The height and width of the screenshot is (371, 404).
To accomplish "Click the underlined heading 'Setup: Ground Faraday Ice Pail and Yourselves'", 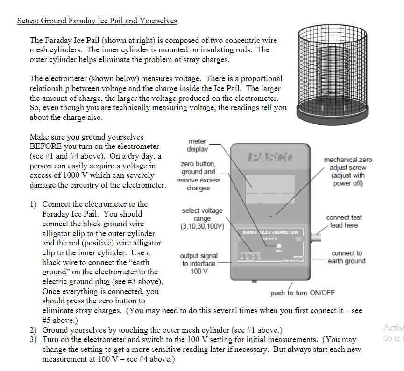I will tap(97, 21).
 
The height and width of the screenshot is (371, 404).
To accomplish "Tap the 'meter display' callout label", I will tap(197, 145).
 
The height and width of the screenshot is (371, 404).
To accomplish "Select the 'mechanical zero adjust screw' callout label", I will tap(348, 171).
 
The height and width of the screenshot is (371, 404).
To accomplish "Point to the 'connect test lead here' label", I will tap(344, 221).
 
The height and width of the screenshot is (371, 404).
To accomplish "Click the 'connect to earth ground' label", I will tap(346, 257).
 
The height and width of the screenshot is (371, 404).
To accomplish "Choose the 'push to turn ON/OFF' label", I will tap(302, 293).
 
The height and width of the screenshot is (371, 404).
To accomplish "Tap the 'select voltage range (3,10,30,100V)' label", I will tap(202, 218).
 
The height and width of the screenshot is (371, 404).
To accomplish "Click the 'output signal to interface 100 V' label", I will tap(198, 263).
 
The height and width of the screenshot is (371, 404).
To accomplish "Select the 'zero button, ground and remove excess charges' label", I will tap(198, 176).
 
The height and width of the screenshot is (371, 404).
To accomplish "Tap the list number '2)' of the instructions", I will tap(33, 330).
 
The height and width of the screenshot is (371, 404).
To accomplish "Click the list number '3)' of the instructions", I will tap(33, 340).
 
